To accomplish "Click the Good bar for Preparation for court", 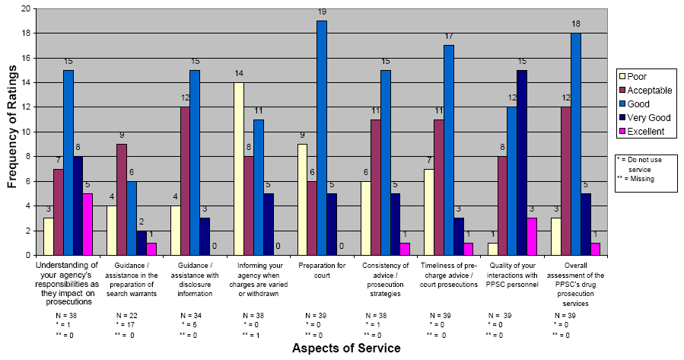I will coord(322,138).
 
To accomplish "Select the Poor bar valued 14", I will coord(240,169).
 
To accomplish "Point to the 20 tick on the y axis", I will coord(27,9).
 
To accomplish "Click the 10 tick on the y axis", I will coord(27,132).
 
